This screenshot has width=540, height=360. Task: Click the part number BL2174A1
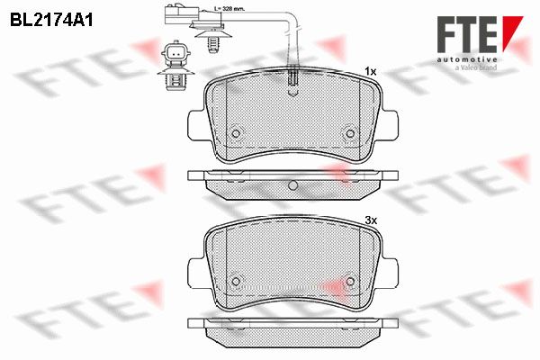coord(51,21)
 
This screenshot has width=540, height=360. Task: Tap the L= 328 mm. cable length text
coord(229,9)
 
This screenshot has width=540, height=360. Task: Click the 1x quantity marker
coord(371,72)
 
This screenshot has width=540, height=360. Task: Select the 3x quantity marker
coord(371,220)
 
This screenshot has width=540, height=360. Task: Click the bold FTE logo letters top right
coord(467,34)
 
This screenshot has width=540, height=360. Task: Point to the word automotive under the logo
coord(467,60)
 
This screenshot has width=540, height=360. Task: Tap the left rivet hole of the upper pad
coord(236,133)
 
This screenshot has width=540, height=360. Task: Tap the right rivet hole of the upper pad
coord(350,133)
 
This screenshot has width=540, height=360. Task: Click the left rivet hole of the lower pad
coord(236,282)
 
